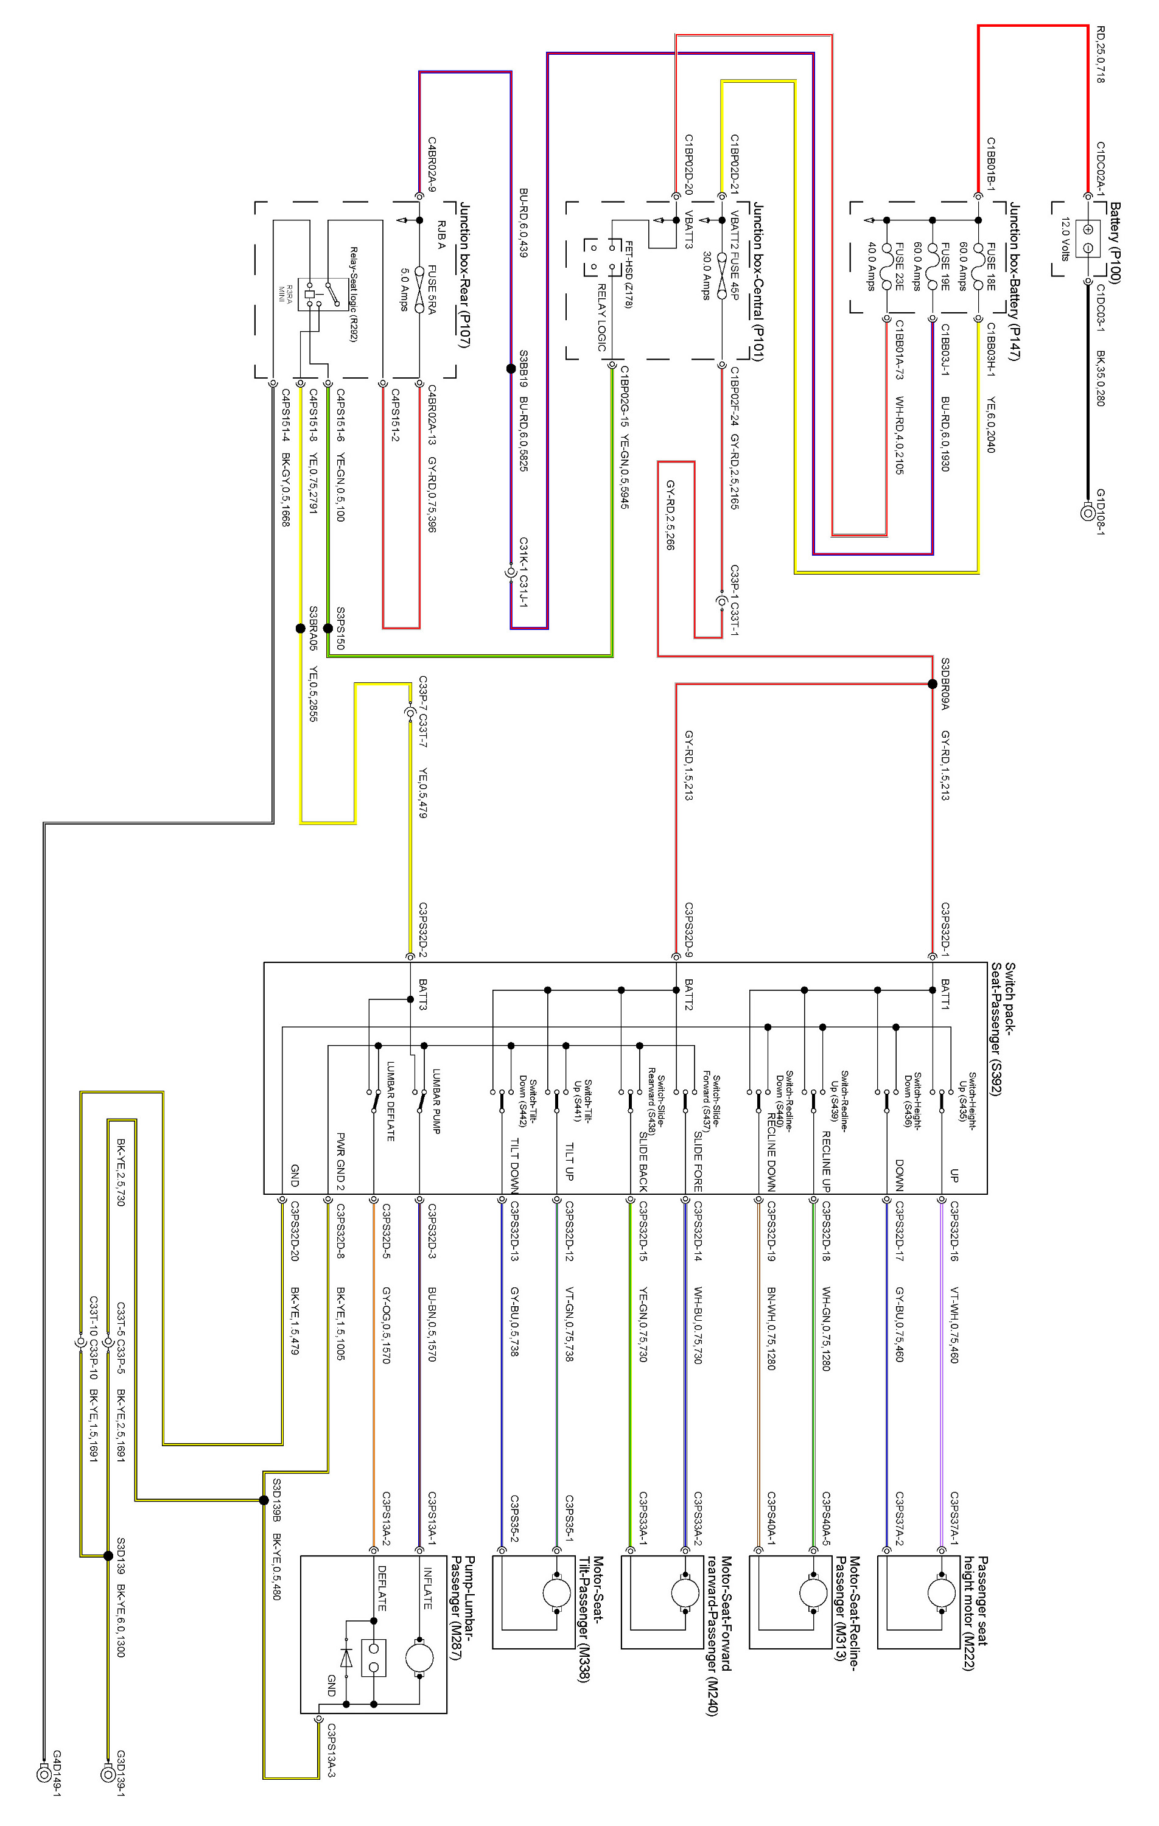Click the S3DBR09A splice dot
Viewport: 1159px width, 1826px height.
tap(932, 684)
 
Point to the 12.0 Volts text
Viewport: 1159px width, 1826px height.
tap(1065, 239)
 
